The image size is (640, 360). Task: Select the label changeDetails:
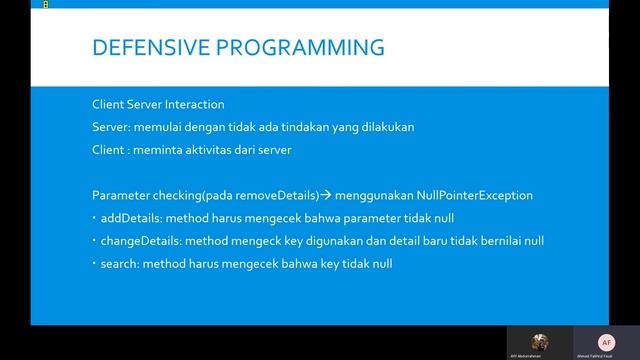point(135,241)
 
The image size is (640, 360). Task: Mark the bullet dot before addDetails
point(93,218)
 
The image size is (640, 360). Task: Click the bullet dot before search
point(93,264)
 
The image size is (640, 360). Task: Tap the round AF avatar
point(605,341)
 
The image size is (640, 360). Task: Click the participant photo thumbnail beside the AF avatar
point(540,341)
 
